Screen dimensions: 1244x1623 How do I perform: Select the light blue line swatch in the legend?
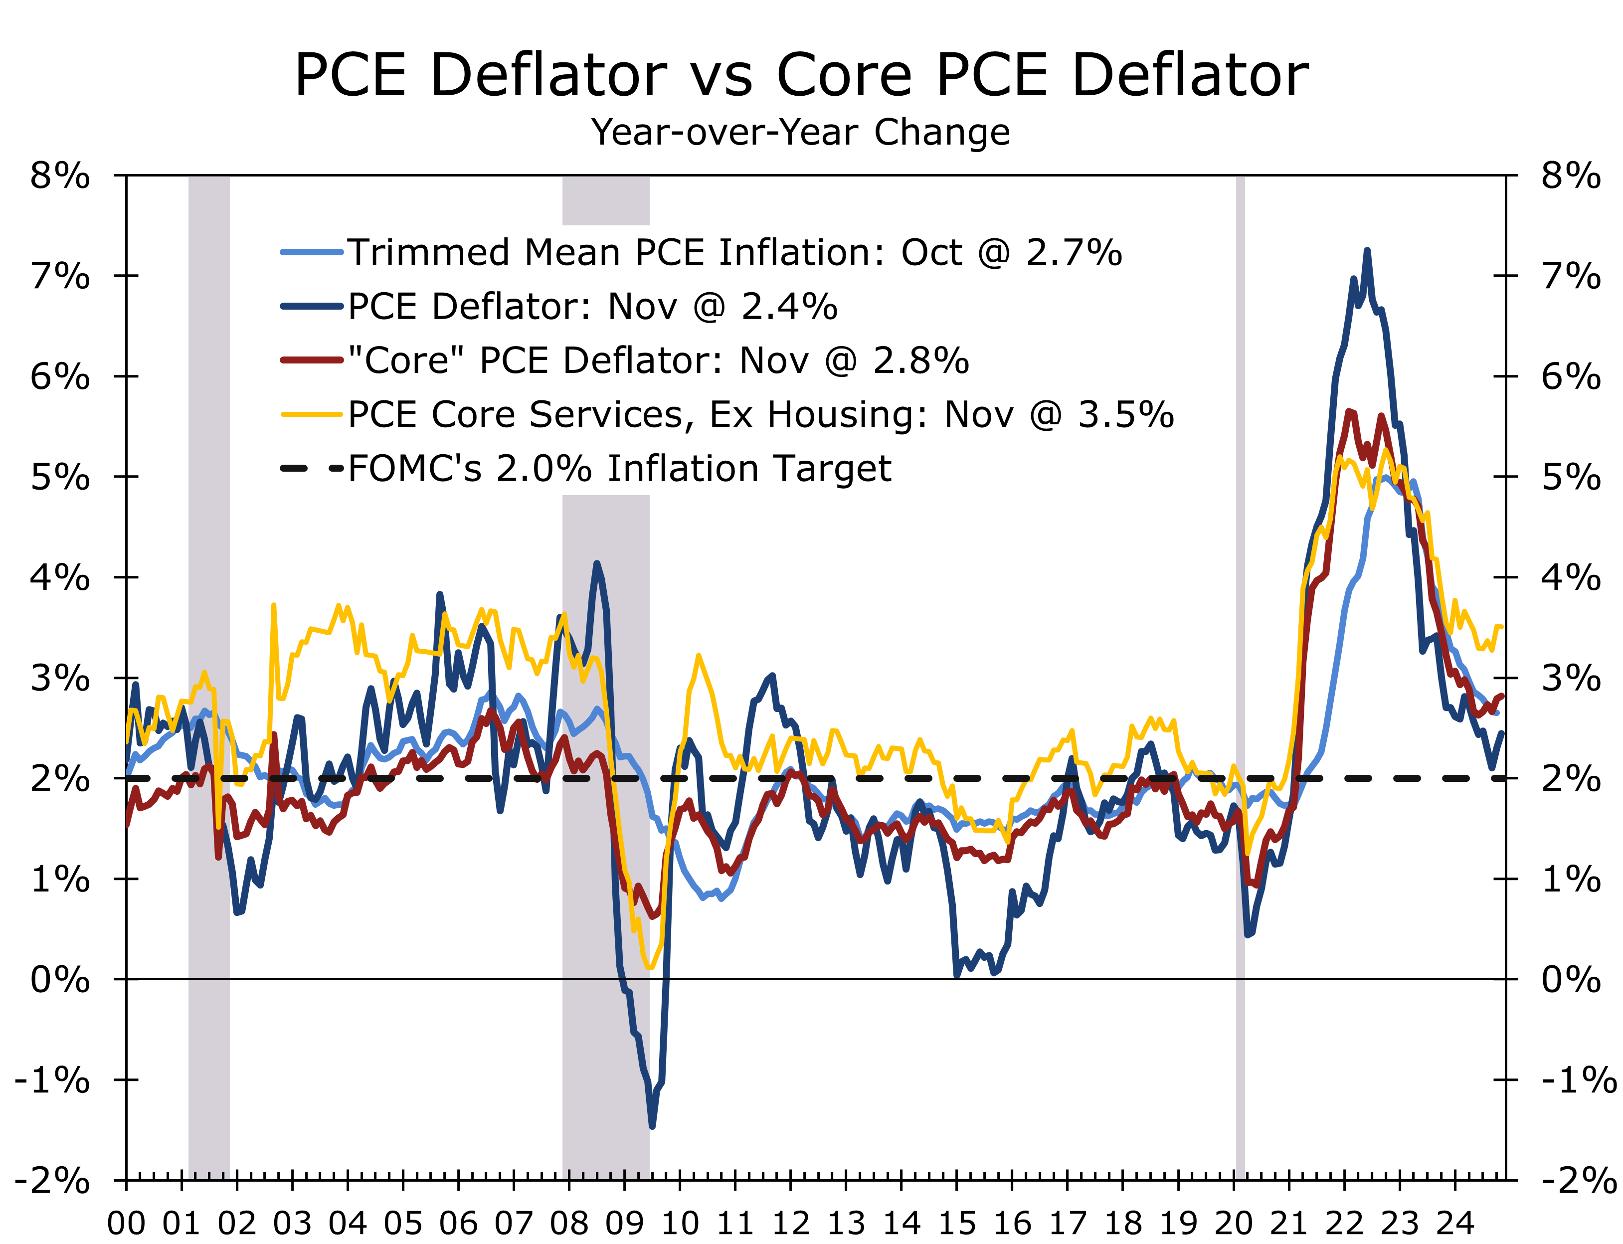click(x=312, y=252)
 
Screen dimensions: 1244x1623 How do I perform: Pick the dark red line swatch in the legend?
click(x=312, y=360)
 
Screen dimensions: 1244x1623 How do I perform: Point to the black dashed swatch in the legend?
click(x=312, y=468)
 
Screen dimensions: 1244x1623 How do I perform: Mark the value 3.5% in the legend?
click(x=1125, y=415)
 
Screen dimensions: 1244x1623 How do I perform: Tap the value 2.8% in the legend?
click(x=921, y=360)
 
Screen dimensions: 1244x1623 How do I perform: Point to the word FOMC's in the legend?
click(x=415, y=468)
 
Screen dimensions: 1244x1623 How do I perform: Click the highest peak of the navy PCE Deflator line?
click(x=1367, y=250)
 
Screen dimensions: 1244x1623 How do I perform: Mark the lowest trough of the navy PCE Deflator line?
click(x=652, y=1127)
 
